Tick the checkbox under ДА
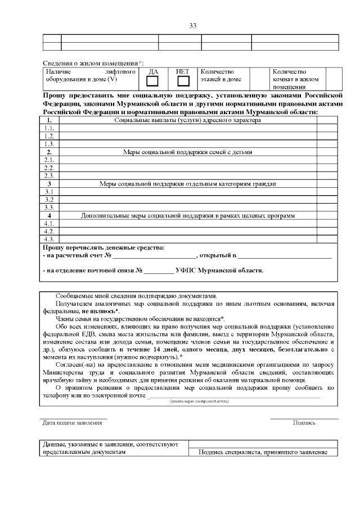point(152,82)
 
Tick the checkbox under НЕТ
point(183,82)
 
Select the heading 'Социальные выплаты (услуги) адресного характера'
point(187,120)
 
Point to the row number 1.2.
point(49,136)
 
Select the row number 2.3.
point(49,175)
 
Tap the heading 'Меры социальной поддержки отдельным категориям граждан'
point(187,183)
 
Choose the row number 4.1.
point(49,223)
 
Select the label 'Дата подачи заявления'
point(71,422)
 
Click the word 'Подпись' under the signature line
point(304,422)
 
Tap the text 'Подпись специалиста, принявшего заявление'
point(263,452)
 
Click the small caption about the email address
point(199,402)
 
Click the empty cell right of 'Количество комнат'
point(334,79)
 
